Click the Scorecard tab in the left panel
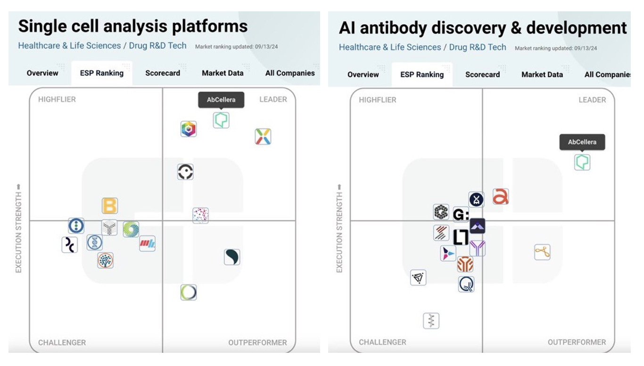[163, 73]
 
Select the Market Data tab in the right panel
[542, 75]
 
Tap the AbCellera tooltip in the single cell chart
[221, 100]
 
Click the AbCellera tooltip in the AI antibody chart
[582, 142]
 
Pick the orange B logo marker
[109, 206]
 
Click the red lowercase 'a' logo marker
[500, 197]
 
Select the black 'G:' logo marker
[461, 215]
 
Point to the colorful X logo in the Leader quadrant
[263, 137]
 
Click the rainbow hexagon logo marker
[189, 129]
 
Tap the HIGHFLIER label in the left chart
[57, 100]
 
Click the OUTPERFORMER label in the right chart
[577, 342]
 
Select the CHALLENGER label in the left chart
[62, 343]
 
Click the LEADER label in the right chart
[592, 100]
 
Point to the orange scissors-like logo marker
[542, 252]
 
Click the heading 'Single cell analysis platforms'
[132, 26]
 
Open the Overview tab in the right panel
[363, 75]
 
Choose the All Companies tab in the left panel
[290, 73]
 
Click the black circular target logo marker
[185, 172]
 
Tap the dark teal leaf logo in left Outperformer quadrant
[232, 257]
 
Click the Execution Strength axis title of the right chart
[339, 229]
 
